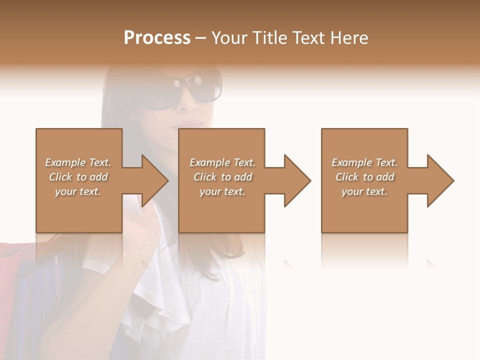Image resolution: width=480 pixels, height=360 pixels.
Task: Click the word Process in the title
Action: point(157,38)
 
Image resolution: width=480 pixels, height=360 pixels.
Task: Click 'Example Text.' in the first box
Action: point(78,162)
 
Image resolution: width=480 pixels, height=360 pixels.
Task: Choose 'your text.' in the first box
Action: point(78,191)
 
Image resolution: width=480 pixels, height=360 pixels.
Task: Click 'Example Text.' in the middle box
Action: point(222,162)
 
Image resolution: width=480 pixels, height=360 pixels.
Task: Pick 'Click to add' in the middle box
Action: point(222,177)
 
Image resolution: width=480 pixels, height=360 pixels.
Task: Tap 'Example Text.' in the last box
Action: point(364,162)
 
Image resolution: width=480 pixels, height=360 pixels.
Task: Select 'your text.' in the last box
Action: point(364,191)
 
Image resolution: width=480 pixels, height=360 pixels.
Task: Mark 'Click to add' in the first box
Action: point(78,177)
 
